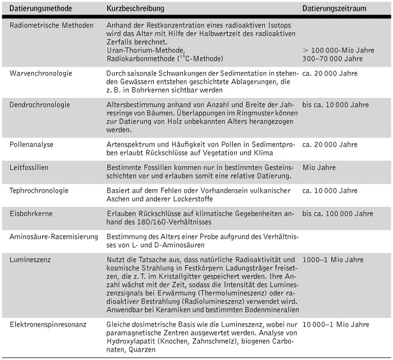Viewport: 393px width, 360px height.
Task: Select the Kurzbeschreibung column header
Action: point(135,10)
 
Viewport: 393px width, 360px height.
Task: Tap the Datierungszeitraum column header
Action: point(335,10)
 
